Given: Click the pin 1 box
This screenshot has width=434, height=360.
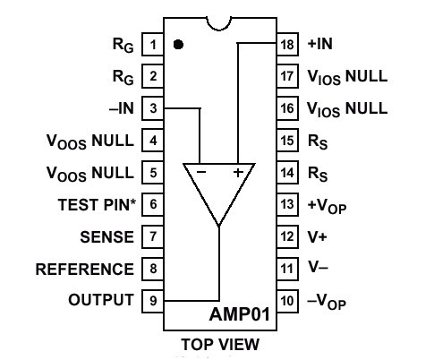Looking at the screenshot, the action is pos(153,45).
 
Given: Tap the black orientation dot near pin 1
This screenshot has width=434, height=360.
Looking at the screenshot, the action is pos(178,45).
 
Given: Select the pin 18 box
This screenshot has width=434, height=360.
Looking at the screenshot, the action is pos(287,45).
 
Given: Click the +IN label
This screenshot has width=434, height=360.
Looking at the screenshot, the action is pos(320,44).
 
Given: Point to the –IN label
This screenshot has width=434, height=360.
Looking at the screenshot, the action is pos(122,108).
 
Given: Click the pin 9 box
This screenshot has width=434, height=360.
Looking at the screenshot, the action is pos(153,301).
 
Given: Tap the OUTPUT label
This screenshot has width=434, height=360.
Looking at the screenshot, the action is pos(101,300).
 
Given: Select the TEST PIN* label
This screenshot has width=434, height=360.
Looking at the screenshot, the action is pos(97,205).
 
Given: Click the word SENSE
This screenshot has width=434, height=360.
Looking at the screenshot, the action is pos(107,237).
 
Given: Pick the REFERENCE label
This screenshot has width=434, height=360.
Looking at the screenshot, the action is pos(85,269).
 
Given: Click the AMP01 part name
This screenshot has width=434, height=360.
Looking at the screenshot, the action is pos(240,314).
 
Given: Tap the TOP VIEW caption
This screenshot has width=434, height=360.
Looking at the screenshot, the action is pos(220,344).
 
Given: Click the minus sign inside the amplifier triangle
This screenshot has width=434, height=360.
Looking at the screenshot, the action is pos(201,172).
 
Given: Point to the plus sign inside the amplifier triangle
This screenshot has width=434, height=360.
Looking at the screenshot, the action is pos(238,172).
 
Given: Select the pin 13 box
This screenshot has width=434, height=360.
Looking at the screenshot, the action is pos(287,205).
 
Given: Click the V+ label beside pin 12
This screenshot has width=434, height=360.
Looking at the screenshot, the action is pos(318,237).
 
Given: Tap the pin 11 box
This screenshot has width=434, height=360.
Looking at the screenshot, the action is pos(287,269).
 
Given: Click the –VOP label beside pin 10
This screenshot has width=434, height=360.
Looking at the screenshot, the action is pos(327,302).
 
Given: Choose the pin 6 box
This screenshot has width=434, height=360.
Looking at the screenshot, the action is pos(153,205).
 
